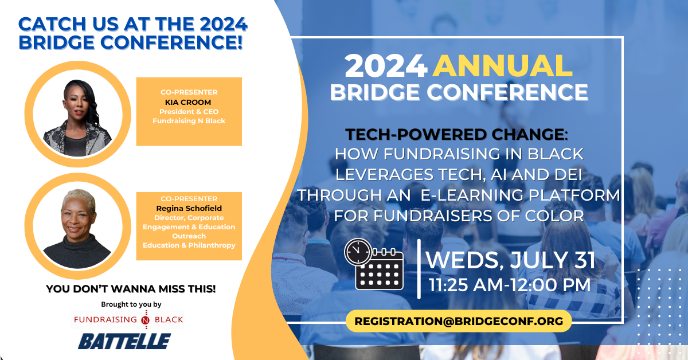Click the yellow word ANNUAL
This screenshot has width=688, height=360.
tap(502, 66)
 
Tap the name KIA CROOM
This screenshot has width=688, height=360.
tap(188, 102)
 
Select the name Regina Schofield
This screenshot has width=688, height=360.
tap(189, 208)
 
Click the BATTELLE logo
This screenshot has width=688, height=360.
tap(124, 341)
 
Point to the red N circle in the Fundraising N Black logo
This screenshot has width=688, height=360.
tap(145, 320)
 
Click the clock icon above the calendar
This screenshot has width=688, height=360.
tap(358, 252)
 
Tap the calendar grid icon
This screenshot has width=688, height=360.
tap(380, 269)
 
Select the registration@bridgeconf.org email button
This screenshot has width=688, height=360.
tap(459, 321)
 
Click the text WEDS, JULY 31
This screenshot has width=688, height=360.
tap(510, 260)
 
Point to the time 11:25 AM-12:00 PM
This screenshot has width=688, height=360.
tap(510, 285)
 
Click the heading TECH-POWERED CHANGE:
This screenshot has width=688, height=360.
tap(457, 134)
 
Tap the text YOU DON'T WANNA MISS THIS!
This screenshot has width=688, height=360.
tap(131, 289)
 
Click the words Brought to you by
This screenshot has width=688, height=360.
tap(131, 304)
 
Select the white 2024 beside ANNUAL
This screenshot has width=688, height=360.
tap(386, 66)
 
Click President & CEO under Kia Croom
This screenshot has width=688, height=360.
tap(189, 112)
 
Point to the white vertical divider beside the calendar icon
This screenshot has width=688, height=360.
tap(419, 269)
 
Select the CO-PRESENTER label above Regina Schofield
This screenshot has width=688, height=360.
tap(189, 199)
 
